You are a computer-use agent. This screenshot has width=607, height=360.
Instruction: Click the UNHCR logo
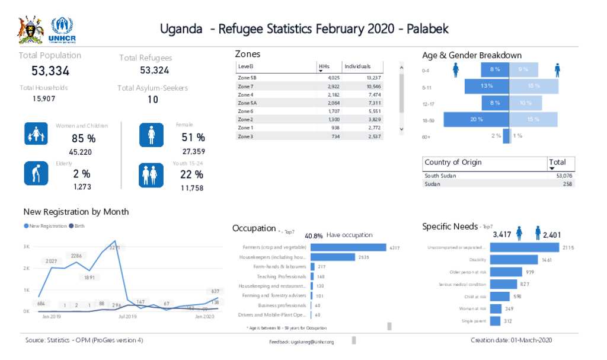coord(63,30)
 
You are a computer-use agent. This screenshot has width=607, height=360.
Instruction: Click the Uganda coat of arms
coord(31,30)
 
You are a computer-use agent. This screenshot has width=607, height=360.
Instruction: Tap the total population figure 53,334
coord(50,71)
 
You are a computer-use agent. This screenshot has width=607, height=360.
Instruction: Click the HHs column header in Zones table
coord(325,66)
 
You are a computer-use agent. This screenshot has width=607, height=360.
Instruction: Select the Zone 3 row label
coord(245,136)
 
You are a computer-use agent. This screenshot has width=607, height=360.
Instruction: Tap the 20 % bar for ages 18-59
coord(477,119)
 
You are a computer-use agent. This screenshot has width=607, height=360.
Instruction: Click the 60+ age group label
coord(426,137)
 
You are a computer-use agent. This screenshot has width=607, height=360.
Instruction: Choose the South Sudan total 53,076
coord(564,176)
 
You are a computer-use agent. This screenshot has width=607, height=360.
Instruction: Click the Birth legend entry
coord(80,226)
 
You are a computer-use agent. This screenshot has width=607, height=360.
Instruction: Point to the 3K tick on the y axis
coord(27,247)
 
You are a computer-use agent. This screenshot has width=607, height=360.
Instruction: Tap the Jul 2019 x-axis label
coord(127,317)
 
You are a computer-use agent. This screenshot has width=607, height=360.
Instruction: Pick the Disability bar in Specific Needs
coord(515,260)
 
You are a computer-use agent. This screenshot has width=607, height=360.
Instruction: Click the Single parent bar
coord(496,321)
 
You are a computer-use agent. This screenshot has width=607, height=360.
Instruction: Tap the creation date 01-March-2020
coord(511,340)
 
